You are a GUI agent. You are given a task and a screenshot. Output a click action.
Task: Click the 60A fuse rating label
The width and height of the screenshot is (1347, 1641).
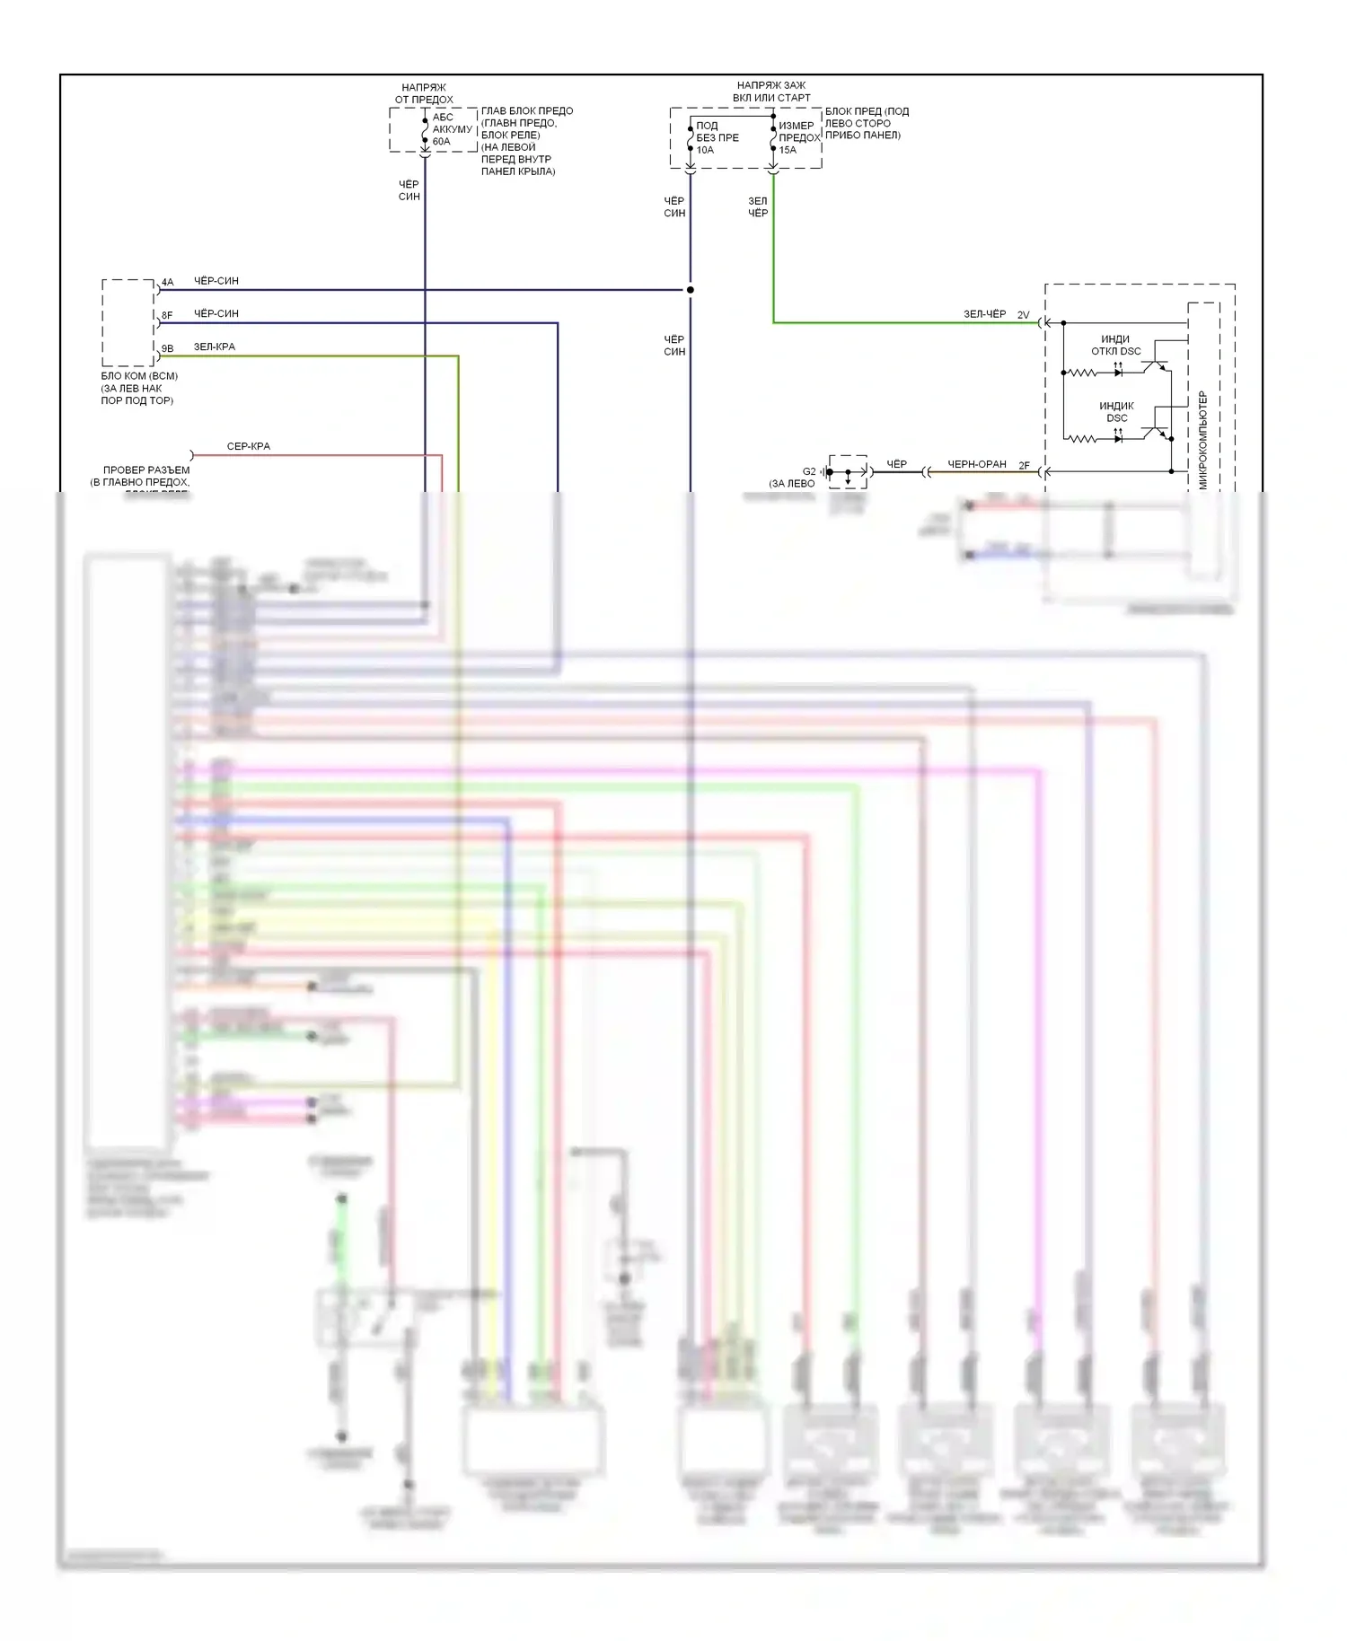pyautogui.click(x=441, y=142)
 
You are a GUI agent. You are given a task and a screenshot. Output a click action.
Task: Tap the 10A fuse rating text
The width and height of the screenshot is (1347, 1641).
pyautogui.click(x=705, y=150)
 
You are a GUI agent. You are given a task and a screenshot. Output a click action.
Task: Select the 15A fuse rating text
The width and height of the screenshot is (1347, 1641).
pyautogui.click(x=788, y=150)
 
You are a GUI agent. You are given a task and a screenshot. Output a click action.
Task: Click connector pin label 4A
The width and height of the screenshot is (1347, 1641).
pyautogui.click(x=167, y=282)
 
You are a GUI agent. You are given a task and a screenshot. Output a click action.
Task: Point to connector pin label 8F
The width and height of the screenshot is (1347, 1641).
pyautogui.click(x=167, y=315)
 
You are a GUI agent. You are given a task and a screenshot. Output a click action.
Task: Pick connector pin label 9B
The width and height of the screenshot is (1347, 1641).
pyautogui.click(x=167, y=348)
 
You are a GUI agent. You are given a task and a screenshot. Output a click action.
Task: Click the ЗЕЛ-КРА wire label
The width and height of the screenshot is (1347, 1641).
pyautogui.click(x=215, y=347)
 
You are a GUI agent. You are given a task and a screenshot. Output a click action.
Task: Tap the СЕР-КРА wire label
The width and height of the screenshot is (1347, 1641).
pyautogui.click(x=248, y=446)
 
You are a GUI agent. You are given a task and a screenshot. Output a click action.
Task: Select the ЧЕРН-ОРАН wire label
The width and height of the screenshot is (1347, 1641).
pyautogui.click(x=977, y=464)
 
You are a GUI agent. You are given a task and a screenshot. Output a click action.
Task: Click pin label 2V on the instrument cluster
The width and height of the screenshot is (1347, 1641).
pyautogui.click(x=1023, y=315)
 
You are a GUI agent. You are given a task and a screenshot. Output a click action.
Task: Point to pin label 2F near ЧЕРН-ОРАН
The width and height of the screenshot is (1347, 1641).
pyautogui.click(x=1024, y=466)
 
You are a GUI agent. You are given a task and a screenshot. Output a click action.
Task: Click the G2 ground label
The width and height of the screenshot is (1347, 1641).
pyautogui.click(x=809, y=471)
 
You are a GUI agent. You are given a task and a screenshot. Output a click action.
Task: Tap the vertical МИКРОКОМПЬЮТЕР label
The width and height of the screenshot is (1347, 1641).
pyautogui.click(x=1203, y=440)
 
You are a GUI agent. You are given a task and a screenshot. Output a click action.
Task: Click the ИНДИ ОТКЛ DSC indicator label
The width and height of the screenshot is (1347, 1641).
pyautogui.click(x=1115, y=345)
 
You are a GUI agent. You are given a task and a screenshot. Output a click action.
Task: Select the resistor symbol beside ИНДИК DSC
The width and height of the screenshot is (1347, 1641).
pyautogui.click(x=1081, y=439)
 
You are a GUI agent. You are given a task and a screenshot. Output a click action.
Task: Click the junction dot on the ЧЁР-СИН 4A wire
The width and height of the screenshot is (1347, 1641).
pyautogui.click(x=691, y=290)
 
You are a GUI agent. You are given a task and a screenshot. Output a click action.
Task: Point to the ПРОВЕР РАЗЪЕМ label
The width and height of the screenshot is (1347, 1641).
pyautogui.click(x=145, y=470)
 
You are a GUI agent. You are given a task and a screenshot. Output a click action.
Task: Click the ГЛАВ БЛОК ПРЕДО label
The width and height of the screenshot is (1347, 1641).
pyautogui.click(x=527, y=111)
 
